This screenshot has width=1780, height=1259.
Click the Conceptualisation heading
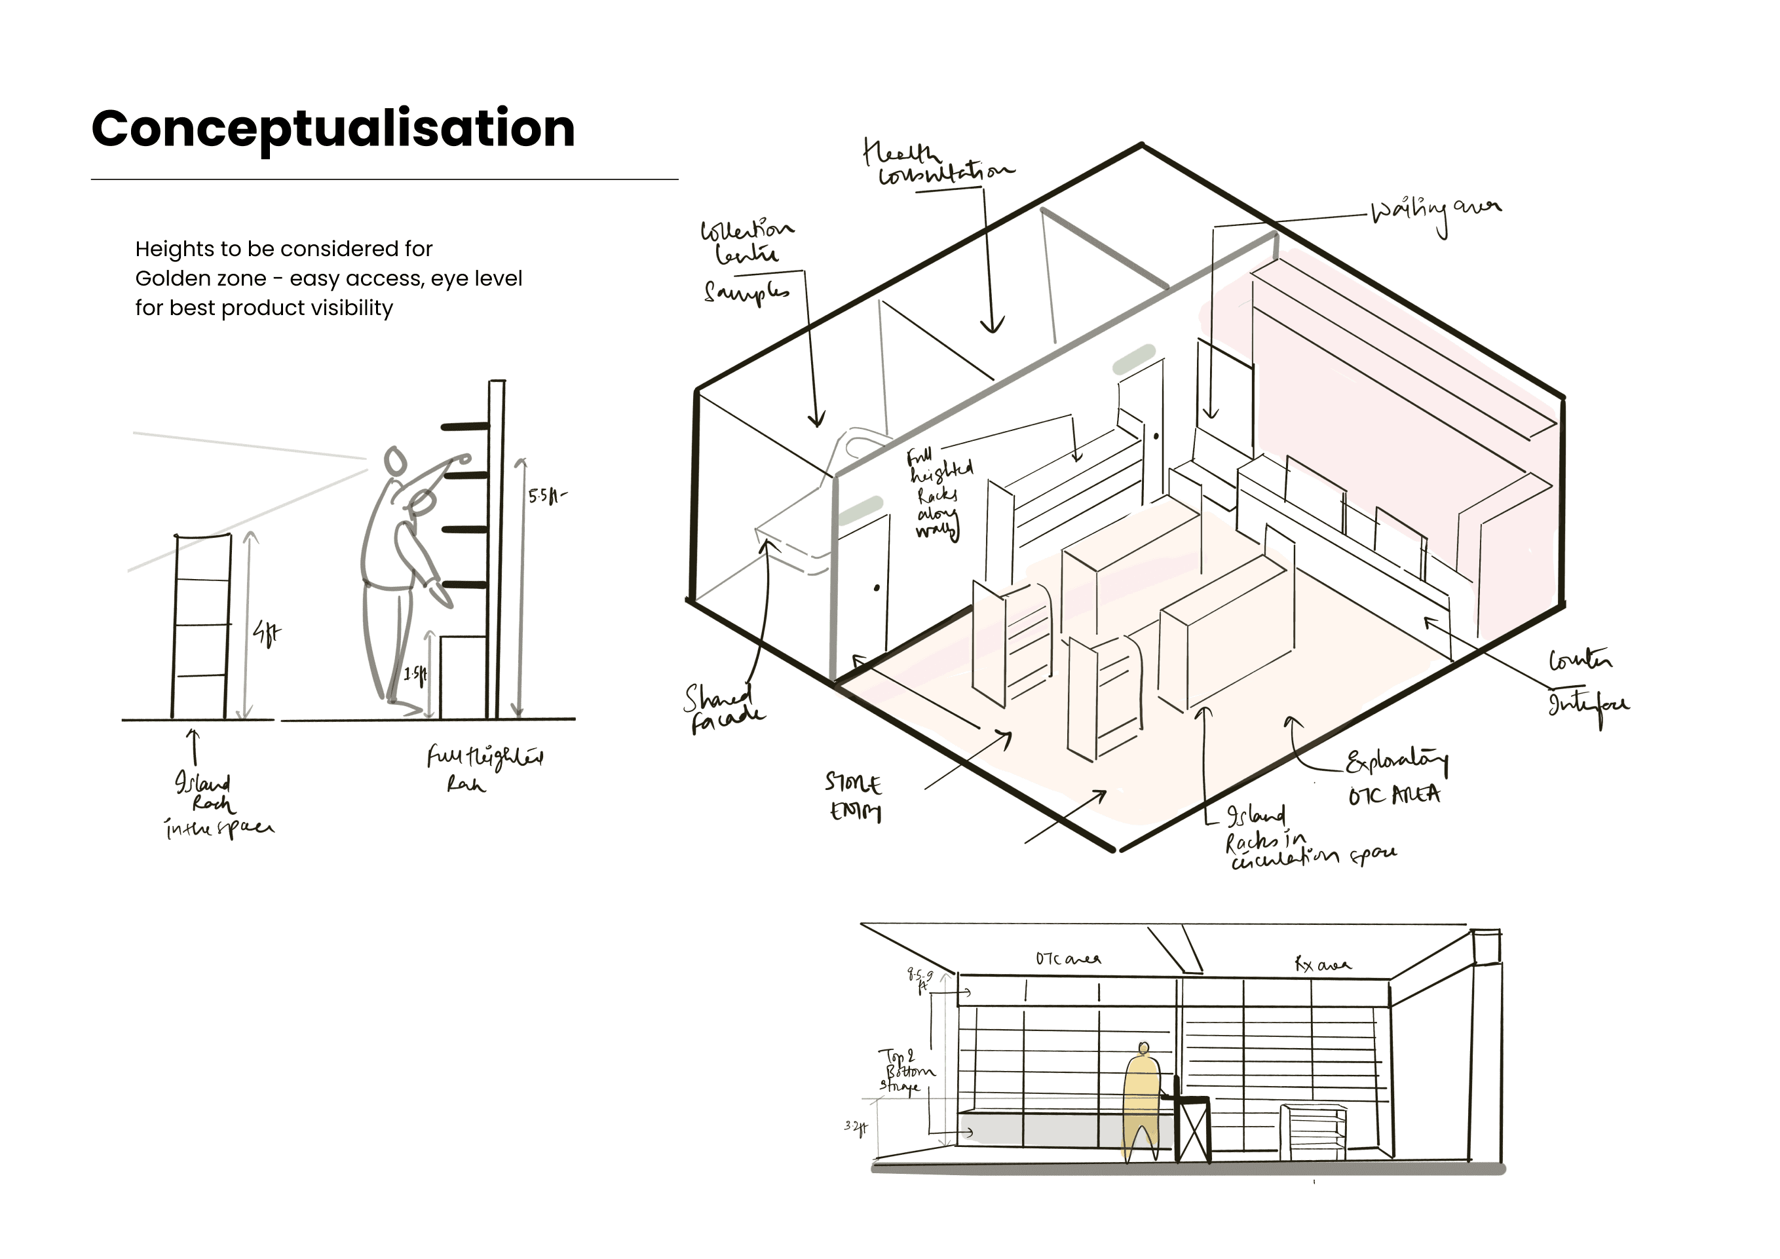(x=333, y=128)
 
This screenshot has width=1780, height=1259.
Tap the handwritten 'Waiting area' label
(x=1435, y=212)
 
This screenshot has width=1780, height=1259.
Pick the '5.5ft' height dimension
(x=546, y=496)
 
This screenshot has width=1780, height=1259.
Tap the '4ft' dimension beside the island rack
(x=267, y=634)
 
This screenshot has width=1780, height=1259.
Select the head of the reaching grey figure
(x=396, y=460)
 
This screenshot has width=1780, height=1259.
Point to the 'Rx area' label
(x=1323, y=964)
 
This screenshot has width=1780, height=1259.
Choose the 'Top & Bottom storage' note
(x=905, y=1070)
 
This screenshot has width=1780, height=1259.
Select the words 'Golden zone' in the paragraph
(x=200, y=278)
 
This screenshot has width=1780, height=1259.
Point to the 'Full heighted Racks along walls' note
(x=939, y=493)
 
